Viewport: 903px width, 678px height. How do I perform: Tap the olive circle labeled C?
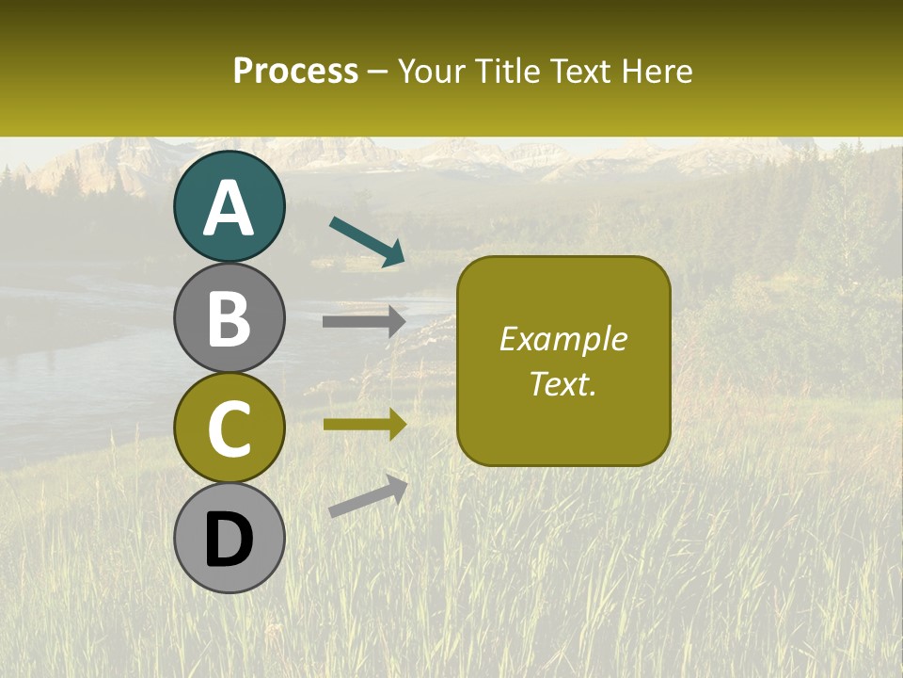(230, 428)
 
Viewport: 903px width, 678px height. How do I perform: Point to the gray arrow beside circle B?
(364, 321)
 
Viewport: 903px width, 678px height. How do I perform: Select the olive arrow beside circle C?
(364, 425)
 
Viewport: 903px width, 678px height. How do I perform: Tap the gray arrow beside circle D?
(368, 496)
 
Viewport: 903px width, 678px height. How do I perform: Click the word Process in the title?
(295, 72)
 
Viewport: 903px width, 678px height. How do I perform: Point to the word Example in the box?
(562, 339)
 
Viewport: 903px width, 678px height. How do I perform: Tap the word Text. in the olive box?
(562, 383)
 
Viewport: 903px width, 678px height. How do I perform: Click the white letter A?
(230, 208)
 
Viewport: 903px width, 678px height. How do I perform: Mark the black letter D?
(230, 541)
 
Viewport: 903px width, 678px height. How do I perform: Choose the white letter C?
(230, 429)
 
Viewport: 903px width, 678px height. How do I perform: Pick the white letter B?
(230, 318)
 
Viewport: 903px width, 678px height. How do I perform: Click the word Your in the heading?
(431, 72)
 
